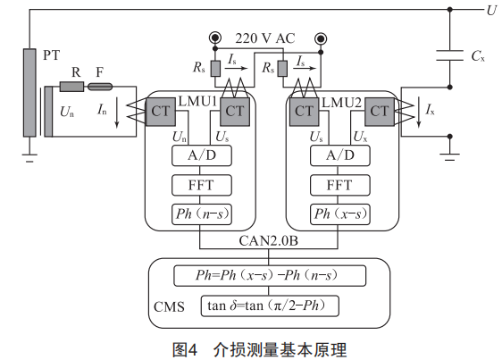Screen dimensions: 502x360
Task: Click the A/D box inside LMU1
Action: [x=202, y=155]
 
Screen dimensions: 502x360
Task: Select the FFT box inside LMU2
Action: [x=340, y=185]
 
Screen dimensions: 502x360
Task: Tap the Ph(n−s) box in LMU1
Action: [x=202, y=214]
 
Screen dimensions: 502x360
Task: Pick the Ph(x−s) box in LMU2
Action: [x=340, y=214]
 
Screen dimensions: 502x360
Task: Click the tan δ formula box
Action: [x=270, y=306]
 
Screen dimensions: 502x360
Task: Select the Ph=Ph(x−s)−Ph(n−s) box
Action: [x=270, y=275]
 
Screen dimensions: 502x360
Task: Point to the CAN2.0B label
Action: [x=268, y=241]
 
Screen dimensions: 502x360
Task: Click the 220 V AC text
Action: [x=265, y=38]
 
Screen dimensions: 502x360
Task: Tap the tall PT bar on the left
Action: [x=29, y=93]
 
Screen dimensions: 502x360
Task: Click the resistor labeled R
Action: [x=71, y=87]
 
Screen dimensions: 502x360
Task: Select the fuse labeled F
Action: [x=100, y=87]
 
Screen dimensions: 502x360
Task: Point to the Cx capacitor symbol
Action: [x=450, y=55]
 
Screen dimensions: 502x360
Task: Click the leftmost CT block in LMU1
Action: [x=161, y=112]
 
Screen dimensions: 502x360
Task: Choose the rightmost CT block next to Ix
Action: [x=380, y=112]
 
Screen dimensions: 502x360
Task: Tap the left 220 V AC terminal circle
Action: [x=215, y=38]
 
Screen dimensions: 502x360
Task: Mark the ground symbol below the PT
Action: [x=29, y=158]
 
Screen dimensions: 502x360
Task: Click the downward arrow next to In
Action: [x=117, y=113]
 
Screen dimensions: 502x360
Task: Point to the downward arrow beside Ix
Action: [x=419, y=113]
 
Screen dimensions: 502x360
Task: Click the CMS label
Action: [x=169, y=306]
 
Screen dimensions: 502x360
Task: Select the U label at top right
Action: [x=491, y=11]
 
